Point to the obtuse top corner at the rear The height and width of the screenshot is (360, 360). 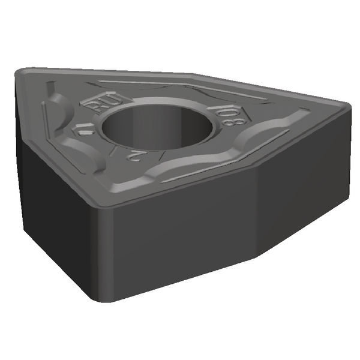192,74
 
